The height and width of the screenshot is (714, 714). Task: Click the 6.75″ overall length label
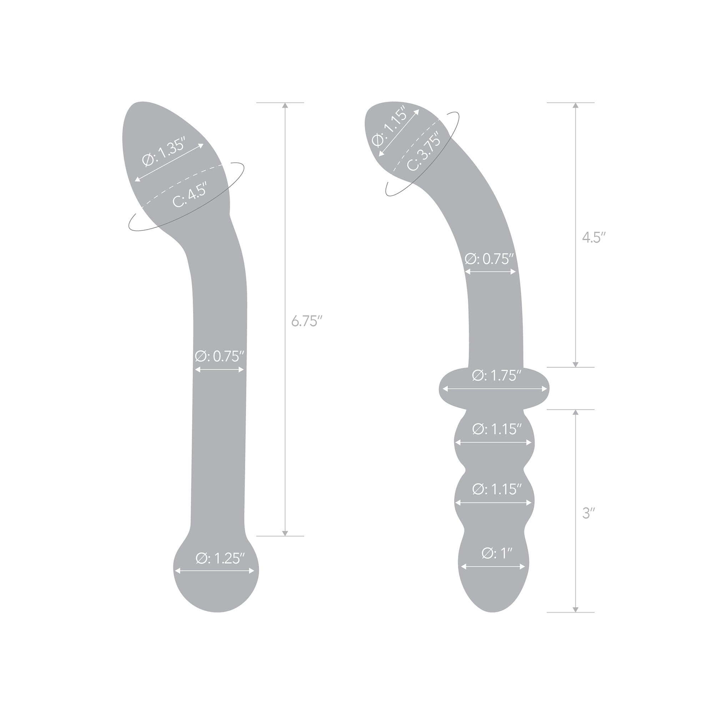point(304,321)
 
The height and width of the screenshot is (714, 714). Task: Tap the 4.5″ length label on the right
point(594,237)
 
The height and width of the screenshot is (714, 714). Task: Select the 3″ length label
point(588,513)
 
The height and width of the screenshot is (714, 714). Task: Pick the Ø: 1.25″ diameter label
point(220,558)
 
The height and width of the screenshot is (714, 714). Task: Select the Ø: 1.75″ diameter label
point(496,376)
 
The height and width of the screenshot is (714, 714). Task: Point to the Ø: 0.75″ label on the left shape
point(220,356)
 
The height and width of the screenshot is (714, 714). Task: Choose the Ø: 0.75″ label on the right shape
point(489,259)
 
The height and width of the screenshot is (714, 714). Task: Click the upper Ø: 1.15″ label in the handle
point(496,429)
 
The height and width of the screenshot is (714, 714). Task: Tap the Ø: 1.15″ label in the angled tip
point(389,126)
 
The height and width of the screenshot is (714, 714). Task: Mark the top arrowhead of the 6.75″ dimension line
point(285,105)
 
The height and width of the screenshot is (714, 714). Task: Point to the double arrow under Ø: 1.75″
point(494,389)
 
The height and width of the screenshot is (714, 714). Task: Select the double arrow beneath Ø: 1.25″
point(215,570)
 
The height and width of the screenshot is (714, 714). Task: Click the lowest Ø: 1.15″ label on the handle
point(496,489)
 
